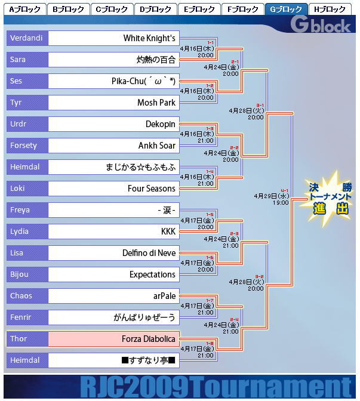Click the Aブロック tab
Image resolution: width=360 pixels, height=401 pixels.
click(24, 9)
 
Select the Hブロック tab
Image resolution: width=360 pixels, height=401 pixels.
click(330, 9)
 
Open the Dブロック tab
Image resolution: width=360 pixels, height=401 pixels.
click(155, 9)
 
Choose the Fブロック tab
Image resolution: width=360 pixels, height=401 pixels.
click(242, 9)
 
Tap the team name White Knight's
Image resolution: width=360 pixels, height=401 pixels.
click(149, 38)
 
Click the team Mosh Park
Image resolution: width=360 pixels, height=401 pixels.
click(156, 103)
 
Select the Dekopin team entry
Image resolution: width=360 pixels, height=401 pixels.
click(161, 124)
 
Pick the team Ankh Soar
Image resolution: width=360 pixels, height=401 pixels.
click(157, 146)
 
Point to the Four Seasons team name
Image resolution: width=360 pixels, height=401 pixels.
click(152, 189)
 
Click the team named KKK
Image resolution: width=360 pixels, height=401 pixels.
click(168, 232)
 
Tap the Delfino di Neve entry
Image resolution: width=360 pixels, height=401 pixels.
click(149, 253)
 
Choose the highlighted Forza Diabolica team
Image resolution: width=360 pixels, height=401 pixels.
click(149, 339)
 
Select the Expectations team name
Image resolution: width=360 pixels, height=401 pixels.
click(152, 274)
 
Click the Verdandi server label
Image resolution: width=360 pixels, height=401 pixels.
click(26, 38)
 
